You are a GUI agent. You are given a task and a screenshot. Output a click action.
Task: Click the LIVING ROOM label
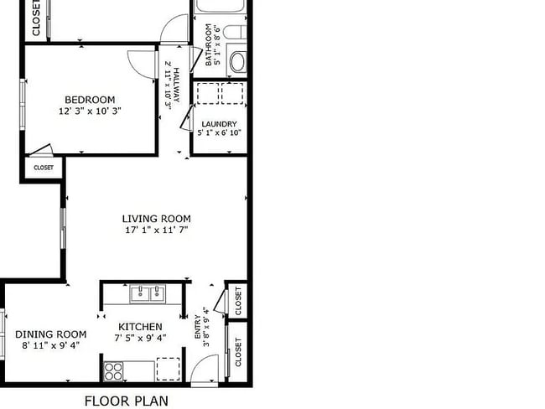pos(157,218)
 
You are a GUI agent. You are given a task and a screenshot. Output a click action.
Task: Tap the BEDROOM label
pos(90,100)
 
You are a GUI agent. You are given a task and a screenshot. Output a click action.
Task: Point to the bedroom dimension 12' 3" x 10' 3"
pos(90,111)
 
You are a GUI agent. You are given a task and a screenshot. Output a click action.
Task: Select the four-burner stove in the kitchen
pos(113,369)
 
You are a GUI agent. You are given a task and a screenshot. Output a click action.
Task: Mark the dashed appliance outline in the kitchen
pos(169,369)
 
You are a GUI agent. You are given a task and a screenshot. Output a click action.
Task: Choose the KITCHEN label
pos(140,327)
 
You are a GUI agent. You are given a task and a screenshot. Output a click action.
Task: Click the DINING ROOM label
pos(51,334)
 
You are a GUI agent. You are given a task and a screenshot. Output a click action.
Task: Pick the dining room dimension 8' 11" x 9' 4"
pos(51,344)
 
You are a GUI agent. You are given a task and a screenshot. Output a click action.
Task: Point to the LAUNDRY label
pos(219,124)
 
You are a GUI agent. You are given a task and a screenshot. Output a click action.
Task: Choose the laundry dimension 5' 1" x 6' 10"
pos(219,132)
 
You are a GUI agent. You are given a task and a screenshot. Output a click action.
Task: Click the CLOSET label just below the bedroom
pos(43,168)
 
